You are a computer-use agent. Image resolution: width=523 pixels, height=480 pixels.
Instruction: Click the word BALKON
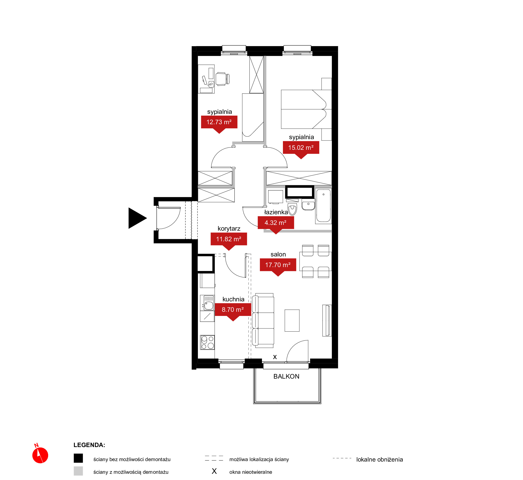286,376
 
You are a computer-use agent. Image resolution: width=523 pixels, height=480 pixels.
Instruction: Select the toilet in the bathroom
292,209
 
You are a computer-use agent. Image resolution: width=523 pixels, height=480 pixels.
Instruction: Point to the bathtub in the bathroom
323,206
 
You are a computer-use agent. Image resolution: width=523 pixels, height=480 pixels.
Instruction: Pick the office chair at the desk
223,79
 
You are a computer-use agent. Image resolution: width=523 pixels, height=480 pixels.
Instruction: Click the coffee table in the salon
292,321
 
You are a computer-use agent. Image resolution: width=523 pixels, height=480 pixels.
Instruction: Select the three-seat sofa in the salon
263,320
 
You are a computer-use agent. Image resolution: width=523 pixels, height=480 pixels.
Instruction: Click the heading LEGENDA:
89,445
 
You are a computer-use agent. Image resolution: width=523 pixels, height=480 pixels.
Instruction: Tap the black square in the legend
78,458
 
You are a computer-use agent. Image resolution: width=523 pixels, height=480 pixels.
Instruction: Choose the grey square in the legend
78,471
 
